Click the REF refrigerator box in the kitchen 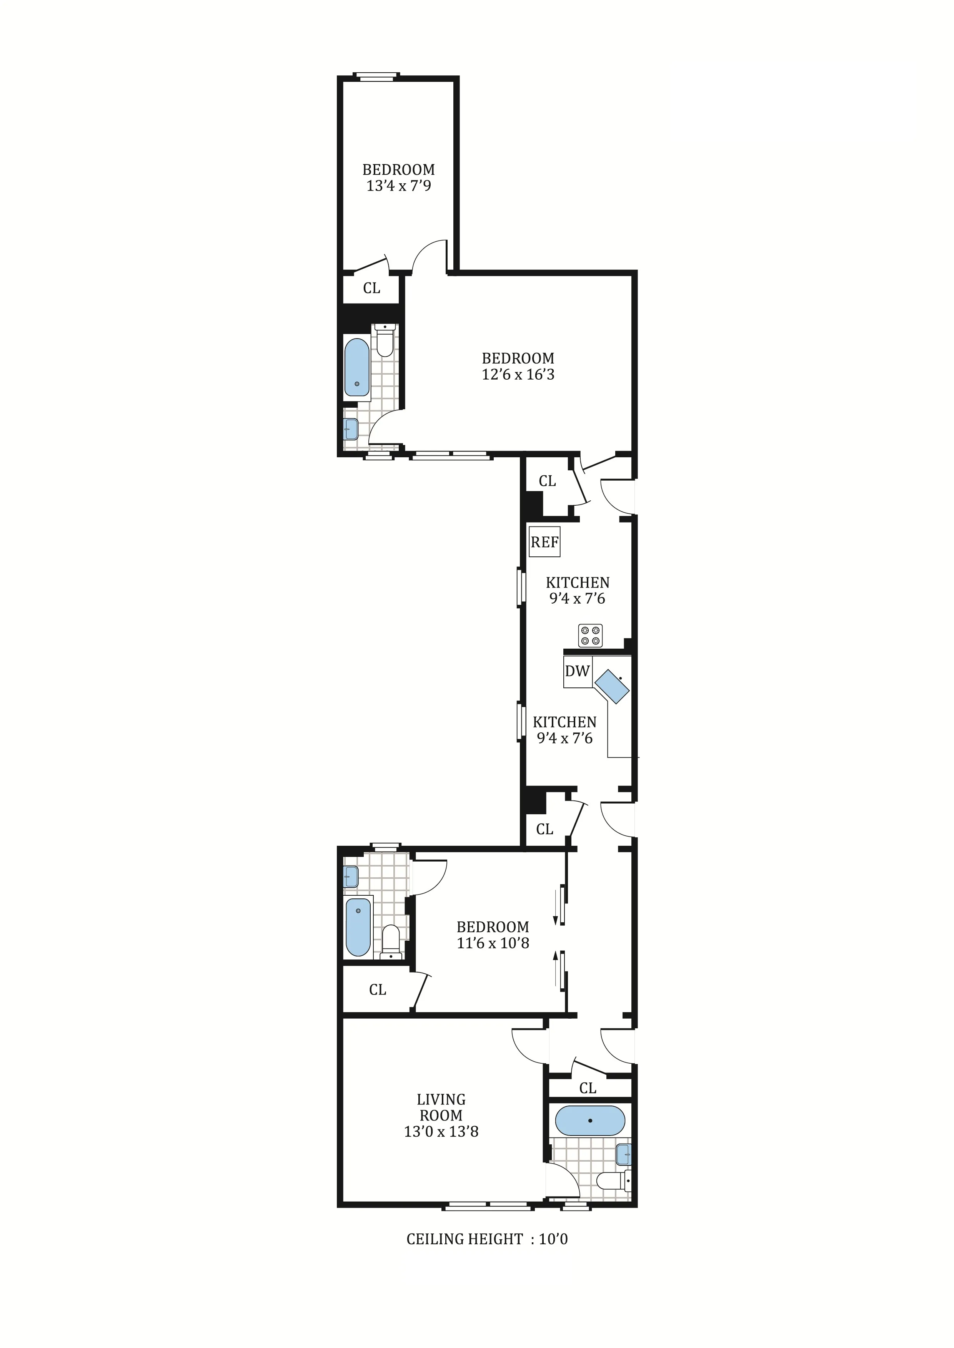pyautogui.click(x=544, y=542)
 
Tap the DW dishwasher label pyautogui.click(x=577, y=671)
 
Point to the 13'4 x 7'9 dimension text pyautogui.click(x=399, y=186)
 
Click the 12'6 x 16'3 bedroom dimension pyautogui.click(x=518, y=375)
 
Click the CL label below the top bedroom pyautogui.click(x=371, y=288)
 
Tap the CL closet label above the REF pyautogui.click(x=547, y=481)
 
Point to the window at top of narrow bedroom pyautogui.click(x=376, y=75)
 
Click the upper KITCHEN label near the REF pyautogui.click(x=578, y=583)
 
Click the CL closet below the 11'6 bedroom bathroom pyautogui.click(x=377, y=990)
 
